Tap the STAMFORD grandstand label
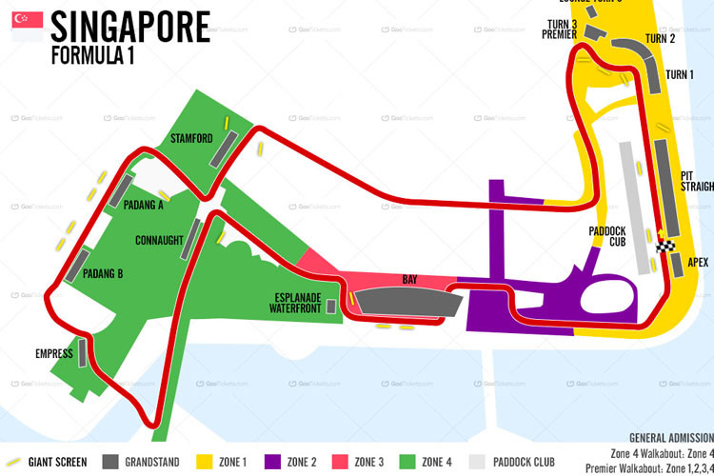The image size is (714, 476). tap(191, 139)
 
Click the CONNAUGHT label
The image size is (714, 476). tap(159, 240)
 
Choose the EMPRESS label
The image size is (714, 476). tap(54, 353)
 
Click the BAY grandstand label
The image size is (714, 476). tap(410, 280)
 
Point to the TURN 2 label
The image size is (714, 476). tap(660, 39)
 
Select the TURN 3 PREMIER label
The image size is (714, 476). tap(560, 29)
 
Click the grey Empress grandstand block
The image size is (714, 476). tap(85, 352)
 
